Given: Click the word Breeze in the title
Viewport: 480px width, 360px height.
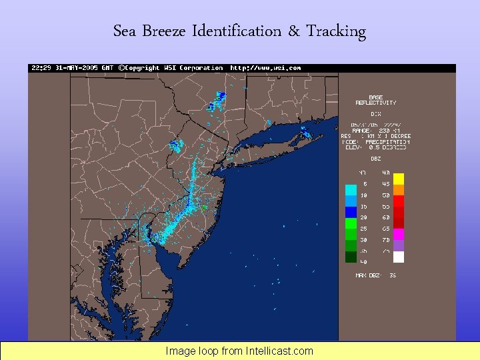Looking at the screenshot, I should tap(166, 31).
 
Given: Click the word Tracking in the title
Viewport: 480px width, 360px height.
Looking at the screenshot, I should tap(336, 31).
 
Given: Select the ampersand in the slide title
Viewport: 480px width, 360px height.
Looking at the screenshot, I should tap(294, 31).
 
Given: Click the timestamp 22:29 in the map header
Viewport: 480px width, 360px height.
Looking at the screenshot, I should tap(39, 68).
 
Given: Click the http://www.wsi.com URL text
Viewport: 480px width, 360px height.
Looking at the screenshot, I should tap(265, 68).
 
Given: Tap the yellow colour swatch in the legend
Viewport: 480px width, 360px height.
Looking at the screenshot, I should tap(399, 178).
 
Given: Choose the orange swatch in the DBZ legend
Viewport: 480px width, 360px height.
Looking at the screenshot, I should tap(399, 189).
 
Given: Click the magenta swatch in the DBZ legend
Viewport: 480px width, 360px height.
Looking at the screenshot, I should tap(399, 234).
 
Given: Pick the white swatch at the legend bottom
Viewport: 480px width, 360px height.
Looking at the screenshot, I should tap(399, 257).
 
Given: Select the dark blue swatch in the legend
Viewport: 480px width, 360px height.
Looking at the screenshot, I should tap(351, 212).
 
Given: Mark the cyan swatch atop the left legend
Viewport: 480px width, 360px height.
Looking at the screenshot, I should tap(351, 189).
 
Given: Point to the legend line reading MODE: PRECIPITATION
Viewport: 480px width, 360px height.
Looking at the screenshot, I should tap(381, 141).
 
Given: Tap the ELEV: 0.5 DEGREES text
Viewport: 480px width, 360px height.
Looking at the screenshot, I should tap(381, 147).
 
